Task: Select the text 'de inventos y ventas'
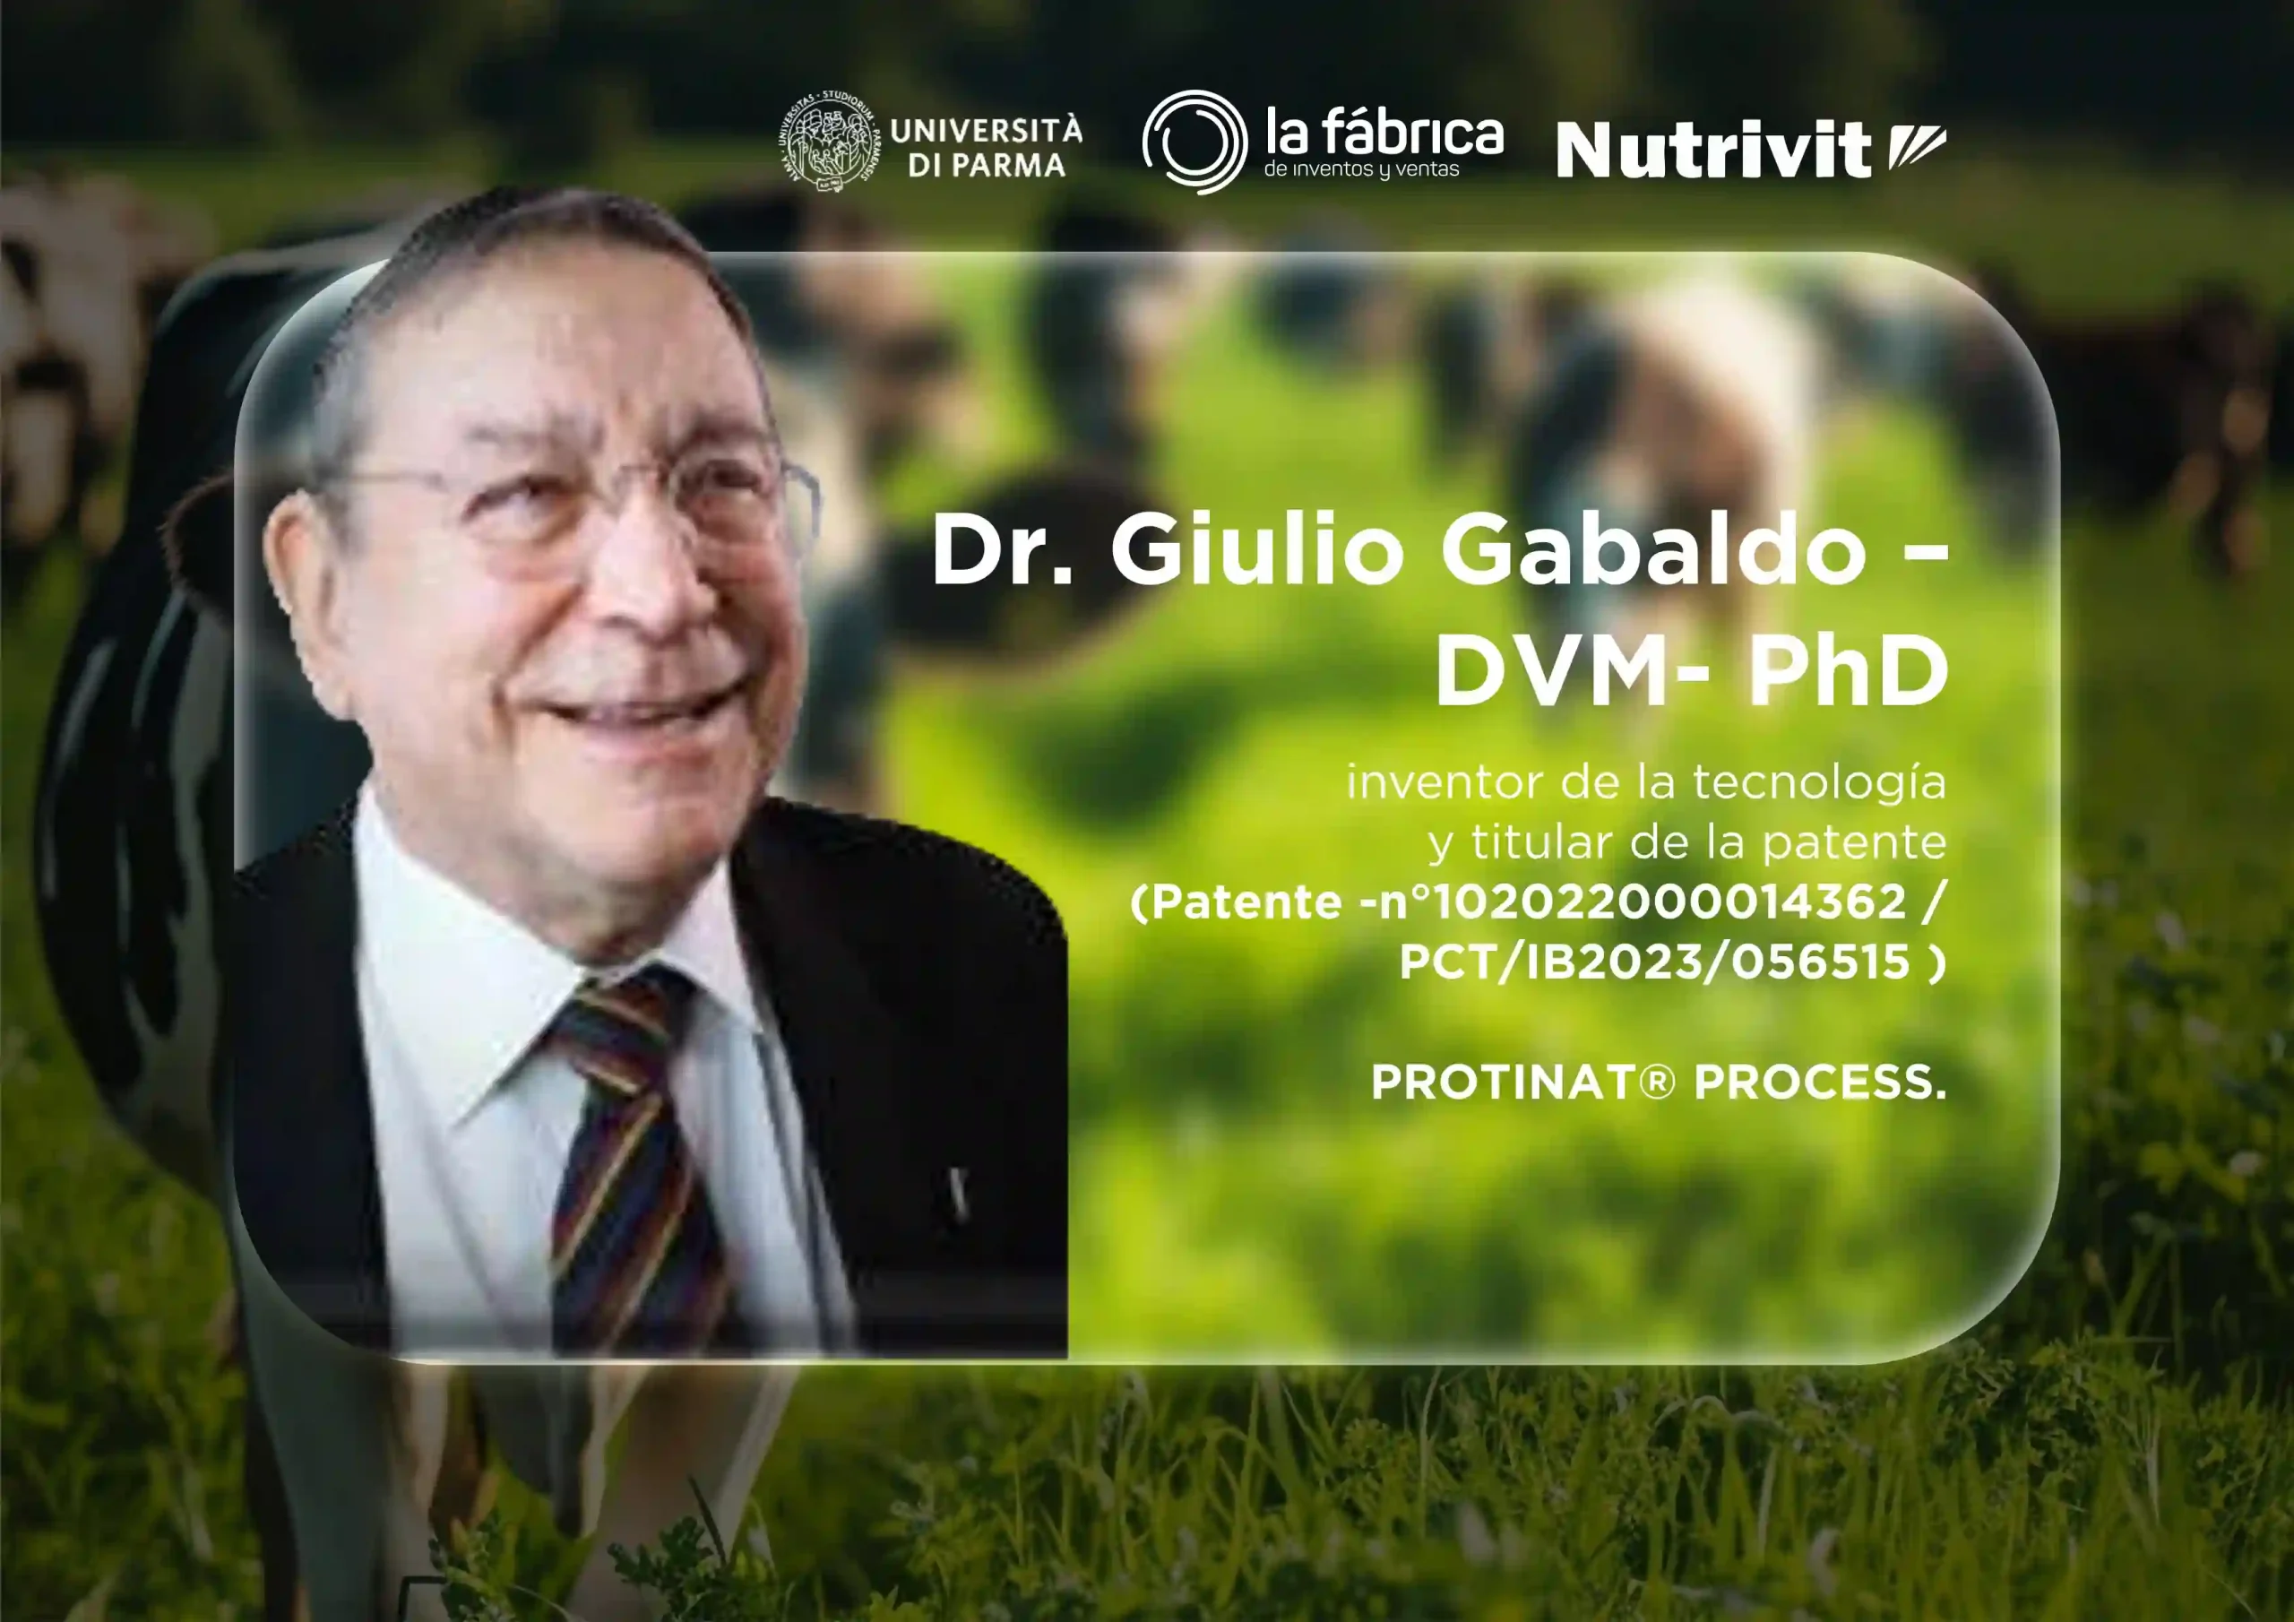1362,170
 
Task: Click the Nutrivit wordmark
1712,151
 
